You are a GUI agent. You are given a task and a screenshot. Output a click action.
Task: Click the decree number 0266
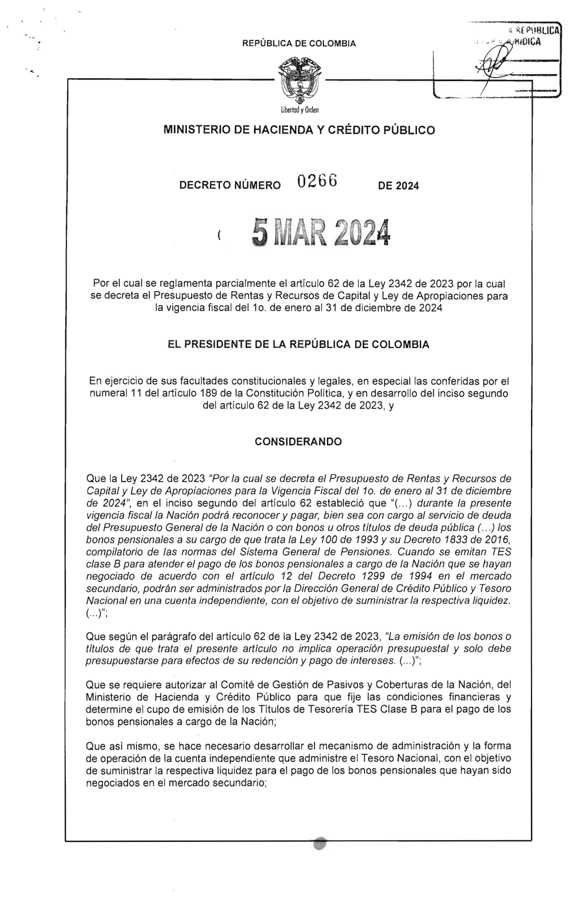pos(316,183)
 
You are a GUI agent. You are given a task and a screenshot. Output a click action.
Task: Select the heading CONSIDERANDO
pos(298,442)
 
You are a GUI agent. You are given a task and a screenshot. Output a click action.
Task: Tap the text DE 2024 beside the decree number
pos(399,186)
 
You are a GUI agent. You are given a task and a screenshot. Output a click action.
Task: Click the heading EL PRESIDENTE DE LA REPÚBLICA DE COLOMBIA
pos(299,345)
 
